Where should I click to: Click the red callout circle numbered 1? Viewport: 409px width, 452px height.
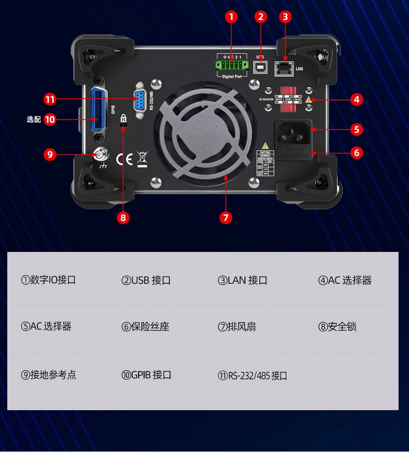231,17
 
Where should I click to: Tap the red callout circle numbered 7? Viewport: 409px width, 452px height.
225,217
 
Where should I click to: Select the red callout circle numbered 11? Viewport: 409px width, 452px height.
50,99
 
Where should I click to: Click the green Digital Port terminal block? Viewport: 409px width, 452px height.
232,64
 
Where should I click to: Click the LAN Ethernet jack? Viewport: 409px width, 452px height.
284,69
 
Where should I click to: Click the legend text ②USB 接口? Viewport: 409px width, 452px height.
146,281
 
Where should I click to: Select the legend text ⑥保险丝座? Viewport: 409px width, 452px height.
145,327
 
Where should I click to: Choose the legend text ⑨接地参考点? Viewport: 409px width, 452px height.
49,375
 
